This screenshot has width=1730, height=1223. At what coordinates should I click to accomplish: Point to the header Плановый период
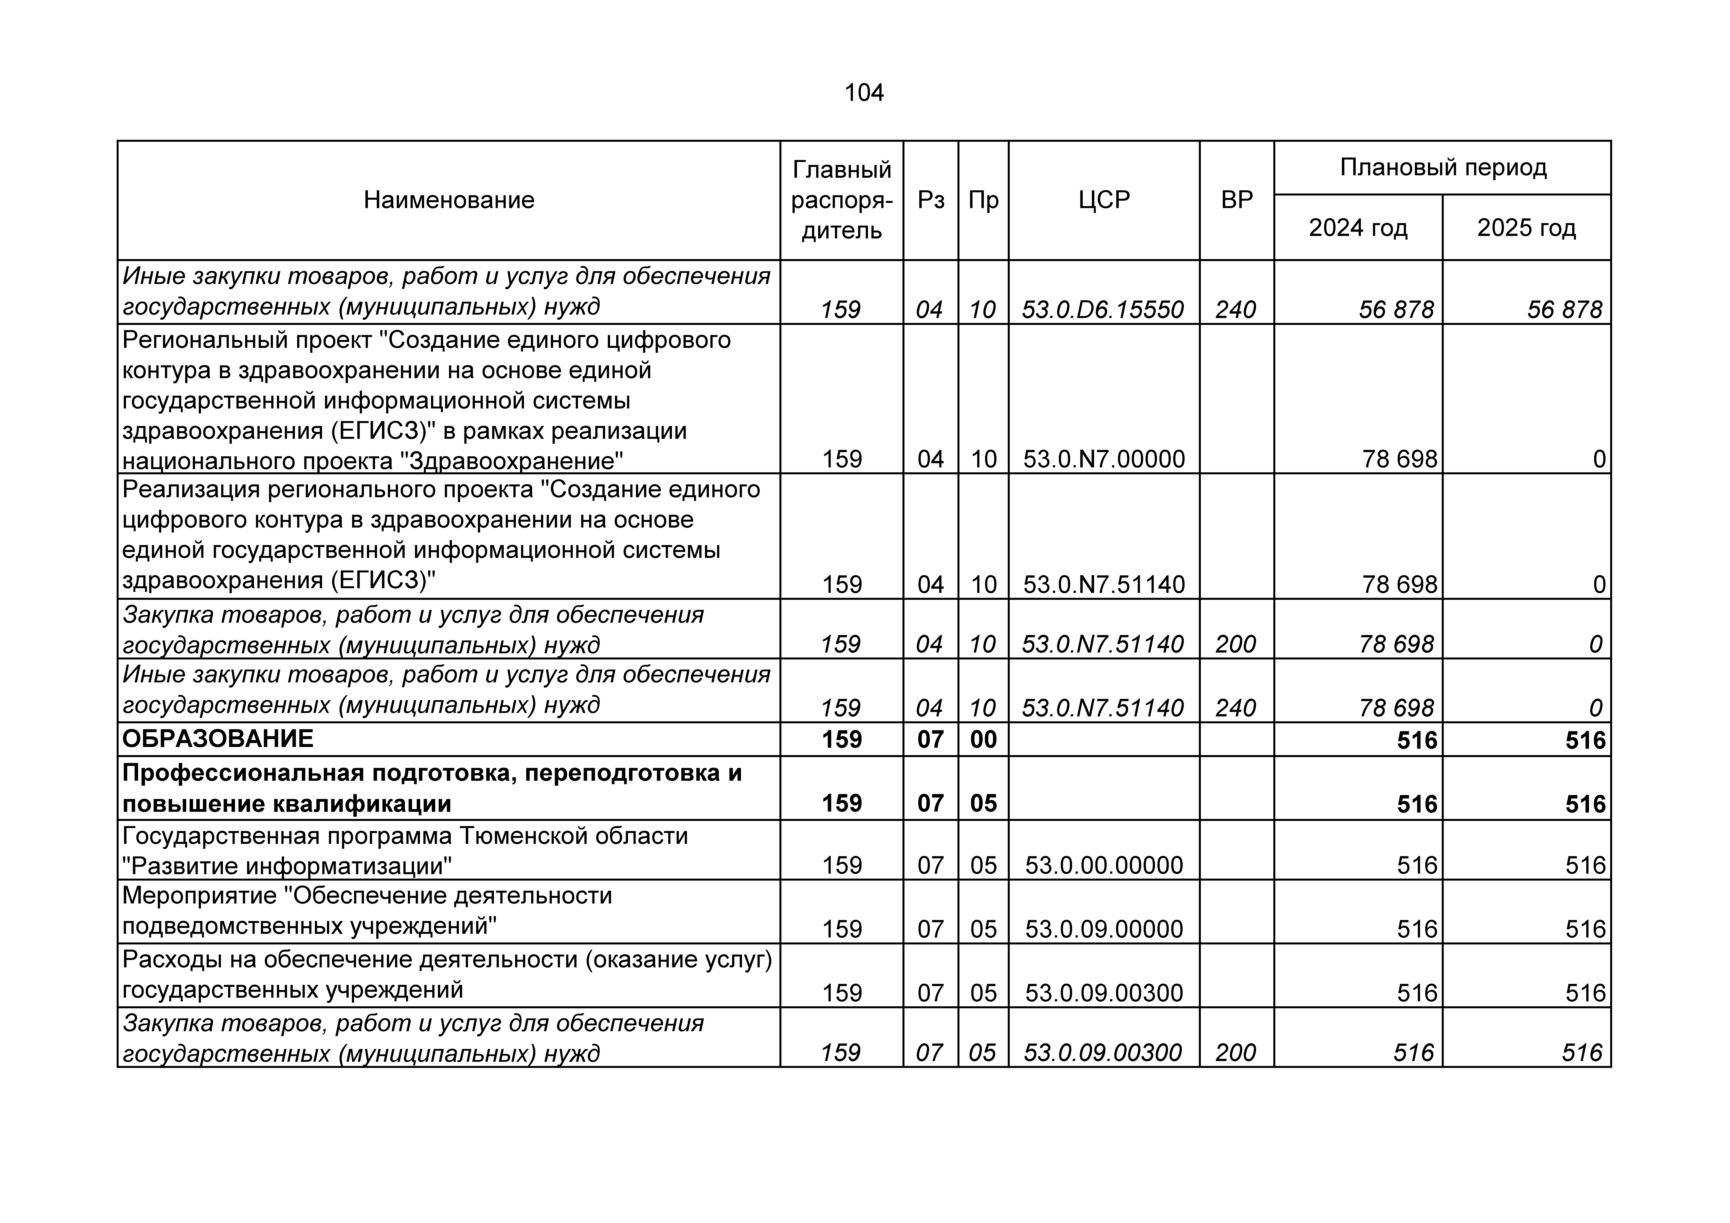(x=1442, y=167)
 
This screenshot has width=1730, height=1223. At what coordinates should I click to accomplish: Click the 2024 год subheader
(x=1358, y=228)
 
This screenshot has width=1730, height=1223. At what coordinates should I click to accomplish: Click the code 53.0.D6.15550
(x=1103, y=310)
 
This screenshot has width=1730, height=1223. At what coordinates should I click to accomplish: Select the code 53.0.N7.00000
(x=1104, y=459)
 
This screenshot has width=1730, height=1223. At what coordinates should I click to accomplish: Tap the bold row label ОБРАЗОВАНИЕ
(x=218, y=739)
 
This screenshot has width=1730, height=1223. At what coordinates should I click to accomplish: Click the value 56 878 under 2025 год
(x=1564, y=310)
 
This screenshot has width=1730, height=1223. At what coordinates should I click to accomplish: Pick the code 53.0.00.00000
(x=1104, y=865)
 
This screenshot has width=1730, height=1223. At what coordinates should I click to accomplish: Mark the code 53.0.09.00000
(x=1104, y=929)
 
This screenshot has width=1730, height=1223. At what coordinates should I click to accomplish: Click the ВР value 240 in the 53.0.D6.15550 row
(x=1236, y=310)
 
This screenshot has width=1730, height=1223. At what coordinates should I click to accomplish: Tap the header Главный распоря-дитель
(x=842, y=200)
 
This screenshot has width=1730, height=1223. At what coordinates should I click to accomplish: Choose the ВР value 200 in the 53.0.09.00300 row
(x=1236, y=1053)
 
